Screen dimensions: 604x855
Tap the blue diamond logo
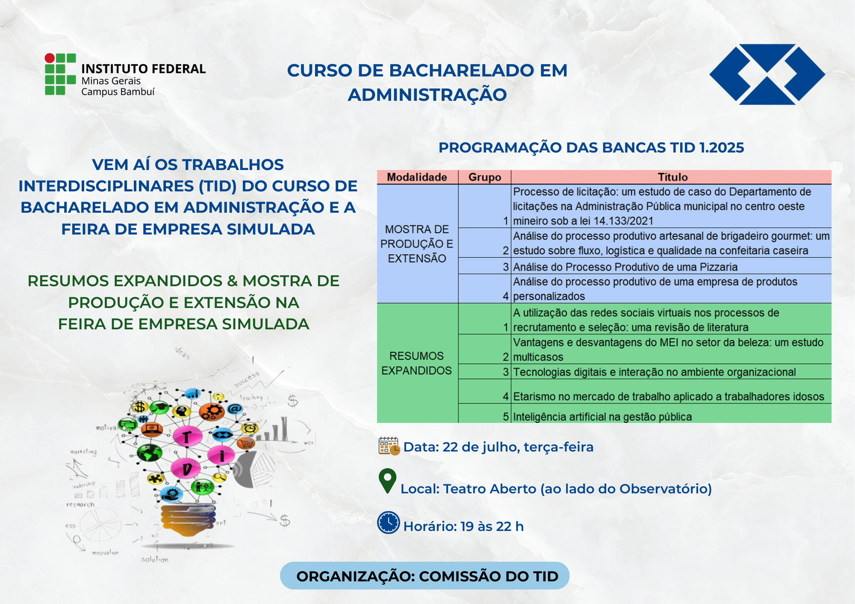point(767,74)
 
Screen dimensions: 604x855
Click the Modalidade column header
point(417,177)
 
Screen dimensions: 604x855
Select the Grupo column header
point(484,177)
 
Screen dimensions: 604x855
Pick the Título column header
point(672,177)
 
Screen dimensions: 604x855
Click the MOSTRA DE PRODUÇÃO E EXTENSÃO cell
point(417,244)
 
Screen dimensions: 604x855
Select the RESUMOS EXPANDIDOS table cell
point(416,364)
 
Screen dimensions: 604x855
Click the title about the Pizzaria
point(625,267)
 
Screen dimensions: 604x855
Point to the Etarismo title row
point(668,396)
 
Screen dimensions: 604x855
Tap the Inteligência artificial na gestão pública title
point(602,416)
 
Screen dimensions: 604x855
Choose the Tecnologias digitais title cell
point(654,372)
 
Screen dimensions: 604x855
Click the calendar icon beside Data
point(389,446)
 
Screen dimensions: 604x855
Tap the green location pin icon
point(388,481)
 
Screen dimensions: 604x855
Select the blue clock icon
point(389,522)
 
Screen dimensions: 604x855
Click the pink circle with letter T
point(187,437)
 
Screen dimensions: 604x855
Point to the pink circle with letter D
point(186,469)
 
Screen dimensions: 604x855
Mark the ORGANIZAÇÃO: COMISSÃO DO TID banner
point(425,576)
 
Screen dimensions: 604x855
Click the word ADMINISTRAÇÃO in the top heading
point(427,95)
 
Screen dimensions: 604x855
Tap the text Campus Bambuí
point(118,92)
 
